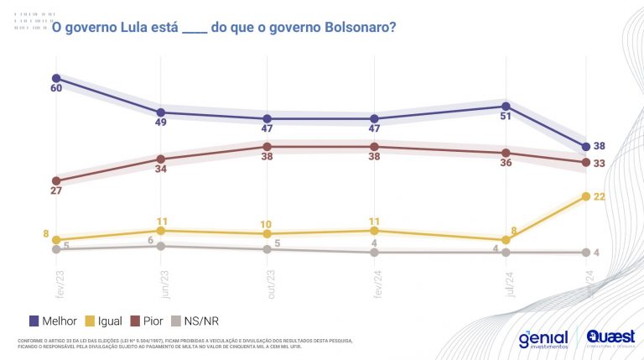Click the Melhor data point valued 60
(56, 78)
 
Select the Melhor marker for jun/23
(161, 112)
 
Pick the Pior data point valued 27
(56, 180)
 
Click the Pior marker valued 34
(161, 159)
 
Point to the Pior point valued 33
(585, 162)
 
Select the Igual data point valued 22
(585, 196)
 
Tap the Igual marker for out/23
(267, 233)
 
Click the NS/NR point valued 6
(161, 246)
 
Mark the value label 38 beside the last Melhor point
(599, 146)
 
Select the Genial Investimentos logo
(543, 338)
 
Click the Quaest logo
(610, 338)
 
